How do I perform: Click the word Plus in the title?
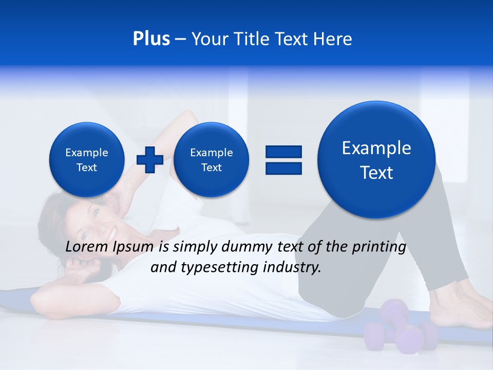click(151, 39)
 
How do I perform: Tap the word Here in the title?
click(333, 39)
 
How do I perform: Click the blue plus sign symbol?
click(150, 160)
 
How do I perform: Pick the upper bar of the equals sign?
click(283, 151)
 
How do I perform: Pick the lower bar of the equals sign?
click(283, 168)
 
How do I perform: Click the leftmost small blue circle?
click(87, 160)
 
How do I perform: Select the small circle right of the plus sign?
click(211, 160)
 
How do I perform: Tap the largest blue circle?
click(376, 160)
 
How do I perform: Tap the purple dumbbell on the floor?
click(401, 329)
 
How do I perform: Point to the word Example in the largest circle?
click(376, 148)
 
